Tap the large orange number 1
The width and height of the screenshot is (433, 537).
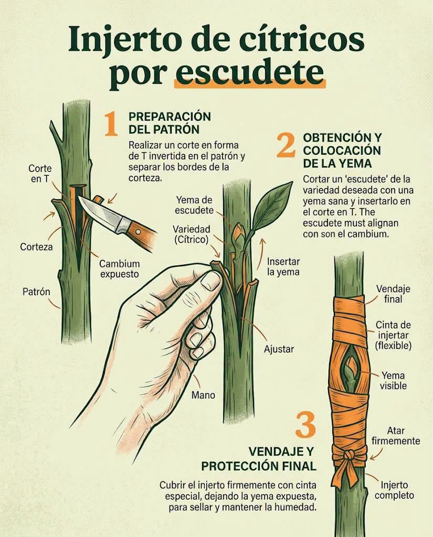[x=111, y=124]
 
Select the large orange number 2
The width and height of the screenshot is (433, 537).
[x=286, y=145]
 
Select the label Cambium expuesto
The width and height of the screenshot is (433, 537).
[x=119, y=269]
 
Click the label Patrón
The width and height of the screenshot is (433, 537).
[x=36, y=292]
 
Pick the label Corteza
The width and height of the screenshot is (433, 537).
[x=36, y=246]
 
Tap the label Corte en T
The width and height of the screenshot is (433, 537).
[x=40, y=173]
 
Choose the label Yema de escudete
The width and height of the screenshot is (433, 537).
[x=194, y=205]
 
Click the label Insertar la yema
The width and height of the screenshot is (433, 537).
[x=283, y=267]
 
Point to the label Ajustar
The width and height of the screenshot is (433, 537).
[x=279, y=349]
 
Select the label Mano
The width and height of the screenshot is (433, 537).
[x=203, y=395]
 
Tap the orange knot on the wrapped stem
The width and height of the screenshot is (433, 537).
[x=349, y=455]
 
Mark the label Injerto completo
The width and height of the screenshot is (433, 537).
[x=394, y=490]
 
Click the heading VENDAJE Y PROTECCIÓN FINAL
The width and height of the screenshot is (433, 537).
[x=259, y=459]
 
